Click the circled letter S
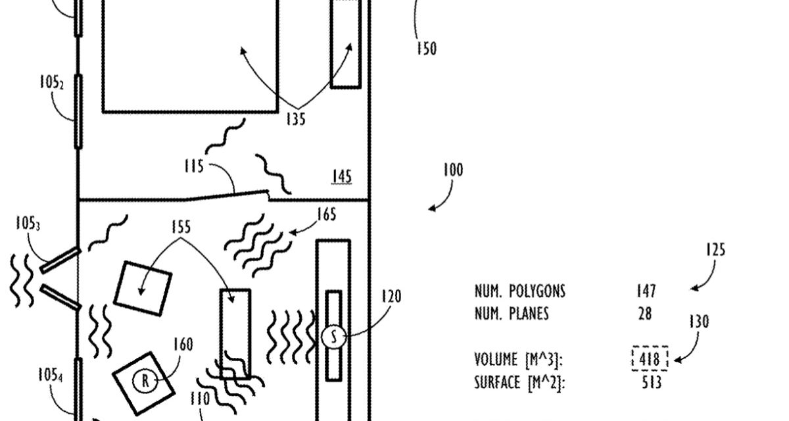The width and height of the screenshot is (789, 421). pyautogui.click(x=333, y=337)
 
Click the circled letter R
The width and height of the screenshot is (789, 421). pyautogui.click(x=145, y=380)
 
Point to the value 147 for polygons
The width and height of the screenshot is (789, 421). pyautogui.click(x=646, y=291)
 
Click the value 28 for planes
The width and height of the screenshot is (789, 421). pyautogui.click(x=645, y=314)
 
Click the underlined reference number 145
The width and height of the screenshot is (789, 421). pyautogui.click(x=341, y=176)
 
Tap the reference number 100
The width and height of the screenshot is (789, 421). pyautogui.click(x=452, y=170)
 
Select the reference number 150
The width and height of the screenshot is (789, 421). pyautogui.click(x=427, y=49)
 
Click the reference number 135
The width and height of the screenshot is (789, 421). pyautogui.click(x=295, y=120)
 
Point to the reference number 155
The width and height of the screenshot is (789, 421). pyautogui.click(x=180, y=227)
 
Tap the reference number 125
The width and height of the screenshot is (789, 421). pyautogui.click(x=715, y=250)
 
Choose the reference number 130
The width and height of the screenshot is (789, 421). pyautogui.click(x=699, y=322)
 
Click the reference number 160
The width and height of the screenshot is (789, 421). pyautogui.click(x=183, y=344)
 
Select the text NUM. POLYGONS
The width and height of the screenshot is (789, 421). pyautogui.click(x=519, y=291)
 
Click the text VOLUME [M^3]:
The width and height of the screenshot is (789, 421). pyautogui.click(x=519, y=360)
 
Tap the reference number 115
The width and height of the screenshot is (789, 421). pyautogui.click(x=194, y=166)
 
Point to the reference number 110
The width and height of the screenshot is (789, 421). pyautogui.click(x=200, y=399)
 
